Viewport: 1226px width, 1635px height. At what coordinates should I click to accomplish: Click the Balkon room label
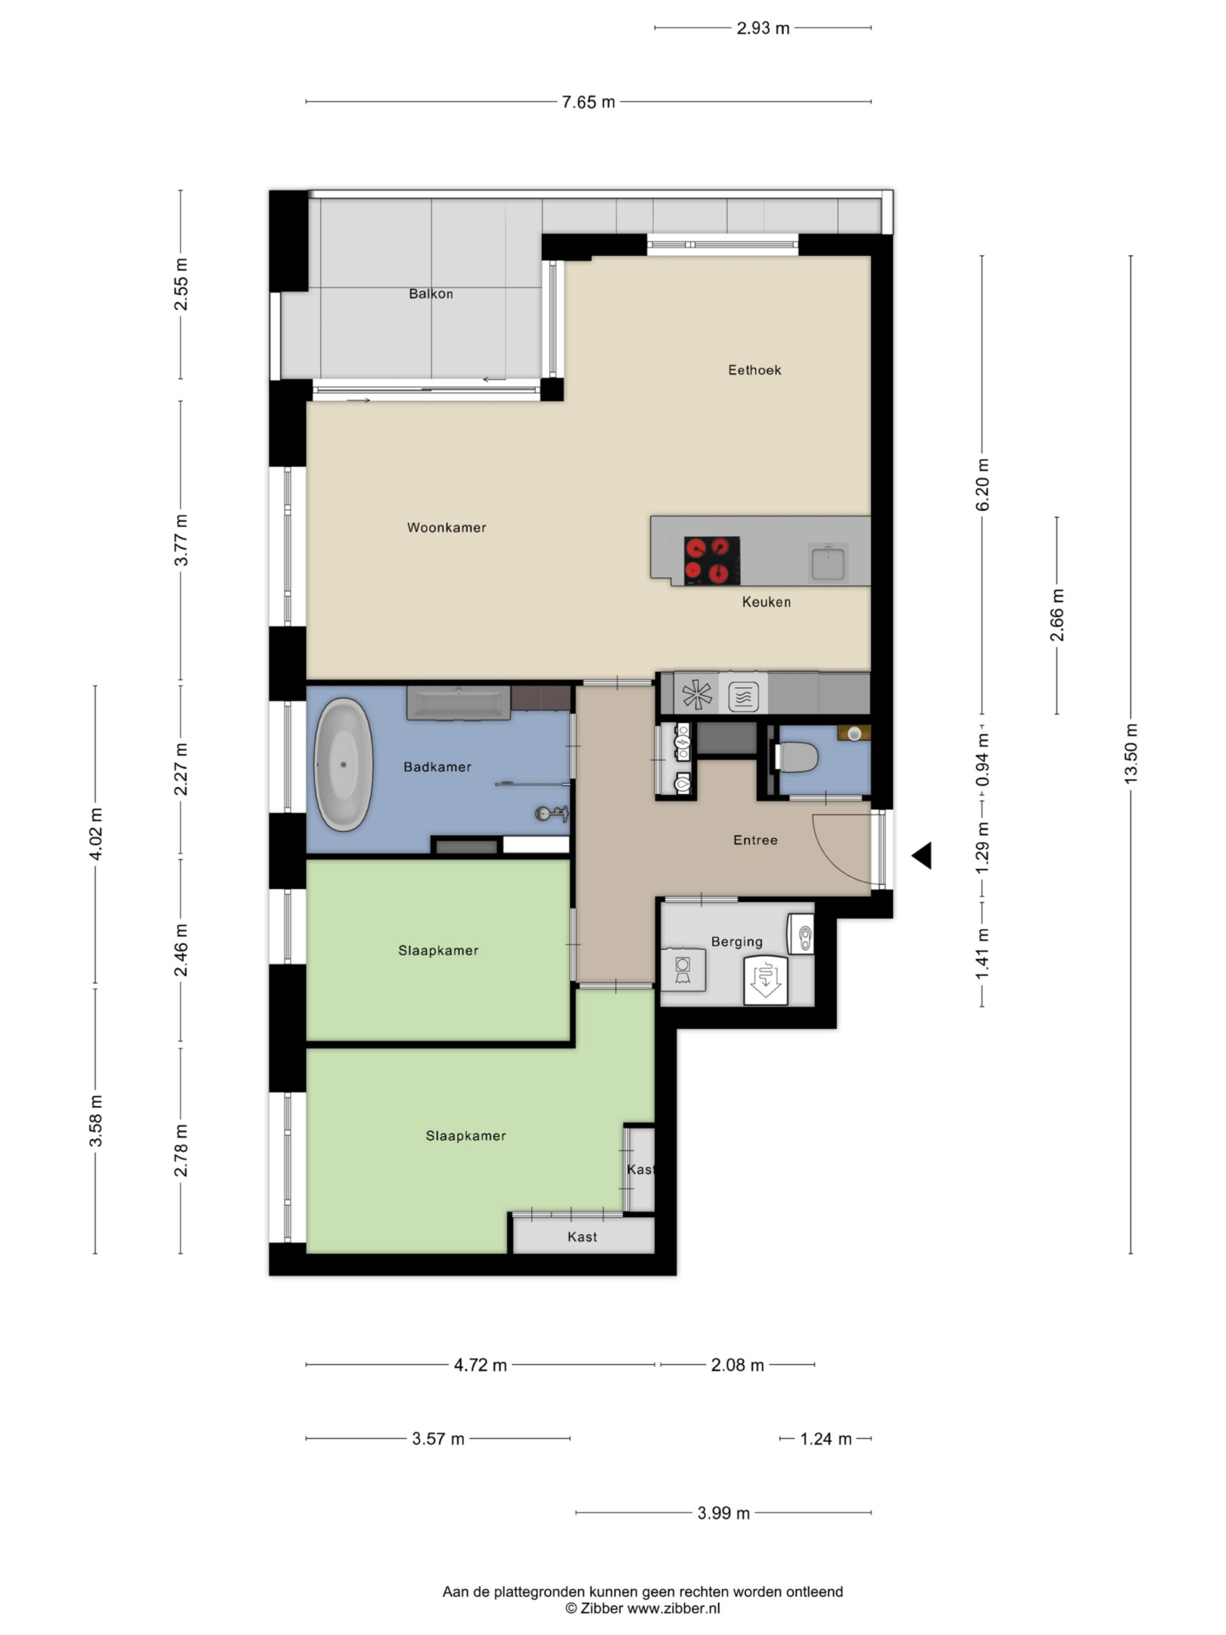[431, 294]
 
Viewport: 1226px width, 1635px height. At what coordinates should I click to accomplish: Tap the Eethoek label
[755, 370]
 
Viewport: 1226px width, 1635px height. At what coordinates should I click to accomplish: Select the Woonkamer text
[447, 528]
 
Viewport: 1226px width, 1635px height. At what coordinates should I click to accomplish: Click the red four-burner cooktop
[711, 560]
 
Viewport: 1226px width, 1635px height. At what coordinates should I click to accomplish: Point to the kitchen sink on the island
[827, 562]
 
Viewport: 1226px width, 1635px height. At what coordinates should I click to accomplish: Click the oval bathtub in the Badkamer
[344, 765]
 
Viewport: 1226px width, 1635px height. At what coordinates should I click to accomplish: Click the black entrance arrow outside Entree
[921, 856]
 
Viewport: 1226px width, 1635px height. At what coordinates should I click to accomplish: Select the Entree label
[755, 840]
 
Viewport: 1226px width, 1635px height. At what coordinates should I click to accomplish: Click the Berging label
[736, 942]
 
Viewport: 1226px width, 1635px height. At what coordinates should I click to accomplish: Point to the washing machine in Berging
[683, 970]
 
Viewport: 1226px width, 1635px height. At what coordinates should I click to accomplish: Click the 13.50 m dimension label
[1131, 754]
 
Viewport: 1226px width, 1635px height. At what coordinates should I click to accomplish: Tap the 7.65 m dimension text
[588, 102]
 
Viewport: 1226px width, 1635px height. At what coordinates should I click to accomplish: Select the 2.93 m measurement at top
[763, 29]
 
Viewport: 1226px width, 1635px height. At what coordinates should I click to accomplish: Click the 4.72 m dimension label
[481, 1366]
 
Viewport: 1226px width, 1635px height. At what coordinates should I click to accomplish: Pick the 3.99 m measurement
[723, 1513]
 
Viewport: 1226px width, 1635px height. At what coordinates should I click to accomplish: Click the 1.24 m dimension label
[826, 1439]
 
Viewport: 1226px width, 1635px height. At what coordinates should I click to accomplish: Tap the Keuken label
[767, 603]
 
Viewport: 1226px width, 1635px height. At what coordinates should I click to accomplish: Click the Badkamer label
[437, 768]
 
